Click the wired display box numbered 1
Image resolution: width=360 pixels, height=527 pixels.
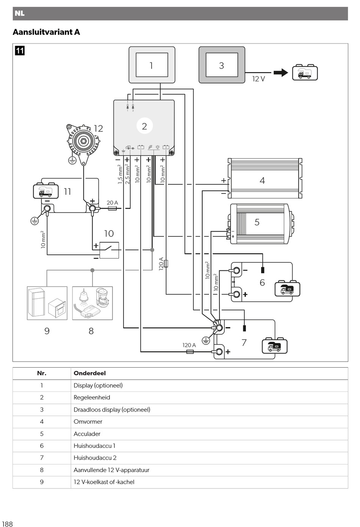152,65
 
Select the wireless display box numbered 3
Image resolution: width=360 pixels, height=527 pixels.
222,65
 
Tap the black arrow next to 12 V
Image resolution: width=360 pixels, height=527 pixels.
281,73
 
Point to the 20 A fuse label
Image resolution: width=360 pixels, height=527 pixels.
112,203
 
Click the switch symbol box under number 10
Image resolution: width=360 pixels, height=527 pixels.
109,250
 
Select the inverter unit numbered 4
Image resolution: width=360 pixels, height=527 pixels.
265,178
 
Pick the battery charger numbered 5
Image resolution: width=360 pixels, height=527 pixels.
261,224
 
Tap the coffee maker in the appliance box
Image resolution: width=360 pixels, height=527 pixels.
102,297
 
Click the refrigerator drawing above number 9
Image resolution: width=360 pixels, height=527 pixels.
36,302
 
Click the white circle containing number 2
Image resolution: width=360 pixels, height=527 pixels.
144,126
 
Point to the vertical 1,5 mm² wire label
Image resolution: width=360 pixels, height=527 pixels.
120,174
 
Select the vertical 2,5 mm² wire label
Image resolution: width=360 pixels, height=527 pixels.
127,174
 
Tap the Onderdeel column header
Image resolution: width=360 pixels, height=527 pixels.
90,373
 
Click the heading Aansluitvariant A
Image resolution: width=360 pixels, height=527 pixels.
46,32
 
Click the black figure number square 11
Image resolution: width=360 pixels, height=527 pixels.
20,51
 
